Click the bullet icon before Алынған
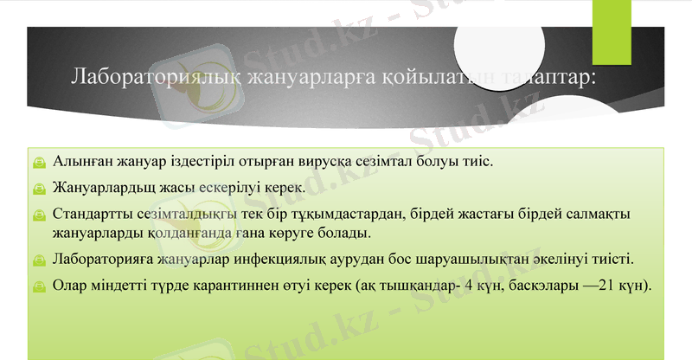[x=40, y=163]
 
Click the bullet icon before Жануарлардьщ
[x=40, y=187]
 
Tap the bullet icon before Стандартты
[x=40, y=213]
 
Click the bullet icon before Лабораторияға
[x=40, y=260]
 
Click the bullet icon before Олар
[x=40, y=286]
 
